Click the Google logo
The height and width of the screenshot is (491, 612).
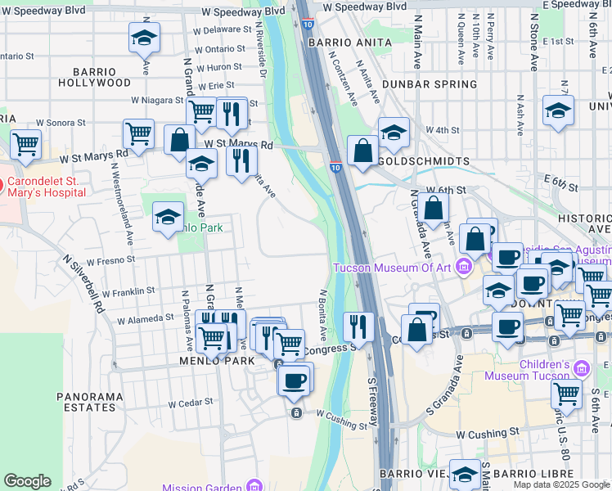pyautogui.click(x=27, y=481)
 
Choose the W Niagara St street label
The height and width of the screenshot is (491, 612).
pyautogui.click(x=157, y=100)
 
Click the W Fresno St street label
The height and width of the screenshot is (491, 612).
pyautogui.click(x=110, y=260)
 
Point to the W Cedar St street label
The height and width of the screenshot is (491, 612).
pyautogui.click(x=190, y=403)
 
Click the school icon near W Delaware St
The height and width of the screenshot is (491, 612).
pyautogui.click(x=144, y=37)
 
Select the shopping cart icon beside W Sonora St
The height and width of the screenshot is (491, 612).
pyautogui.click(x=26, y=144)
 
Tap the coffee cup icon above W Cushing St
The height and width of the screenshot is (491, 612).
pyautogui.click(x=295, y=379)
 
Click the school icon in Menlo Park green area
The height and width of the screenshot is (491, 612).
pyautogui.click(x=169, y=216)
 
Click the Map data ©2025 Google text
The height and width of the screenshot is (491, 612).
pyautogui.click(x=561, y=484)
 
